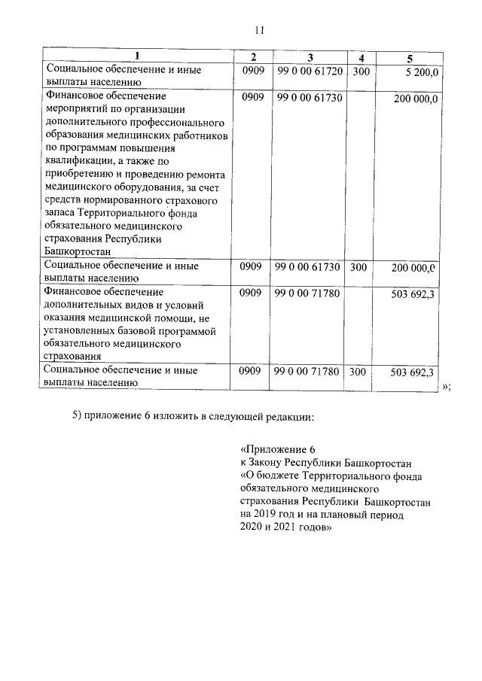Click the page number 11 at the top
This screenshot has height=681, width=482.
258,30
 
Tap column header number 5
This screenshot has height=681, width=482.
410,58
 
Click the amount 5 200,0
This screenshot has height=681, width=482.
422,71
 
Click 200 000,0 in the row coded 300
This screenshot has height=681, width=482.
413,267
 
